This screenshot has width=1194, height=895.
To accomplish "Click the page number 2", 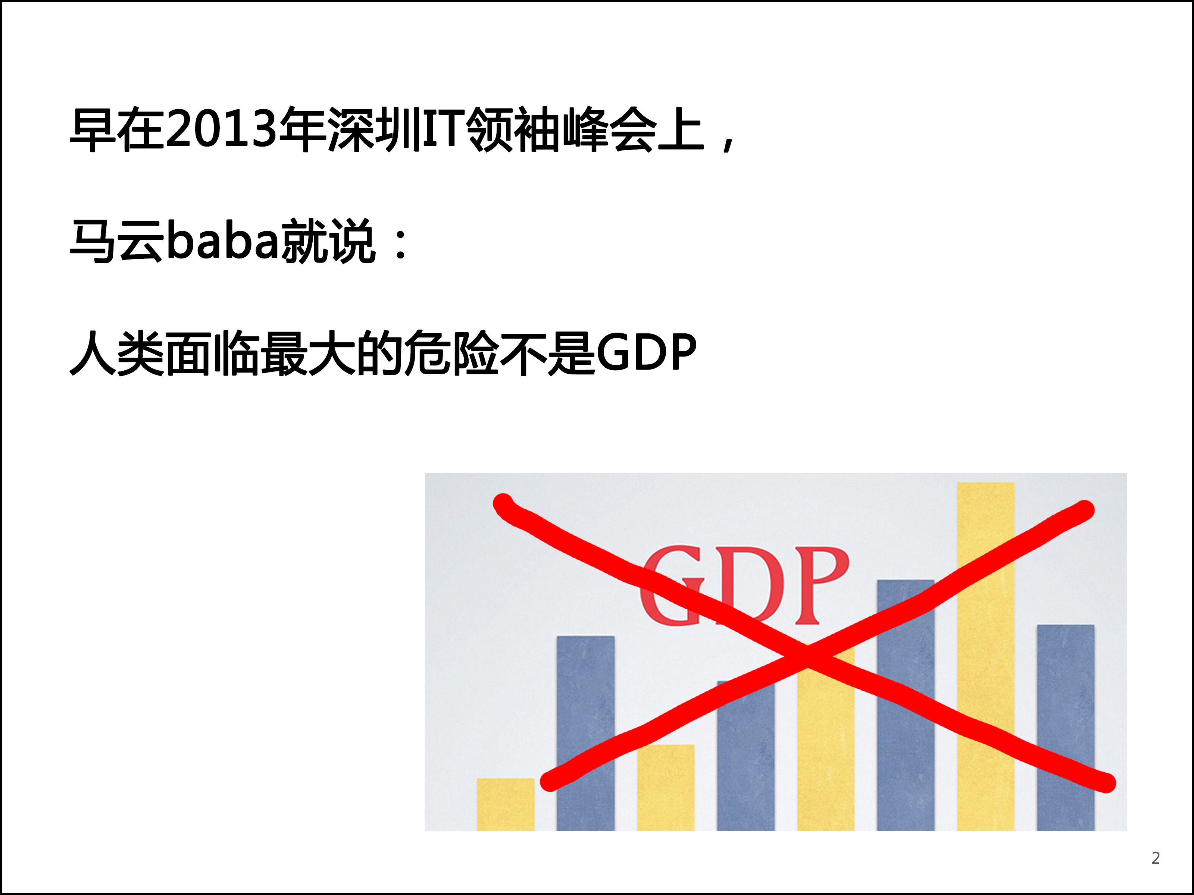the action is (1156, 858).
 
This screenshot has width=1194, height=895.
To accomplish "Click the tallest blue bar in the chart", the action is (905, 705).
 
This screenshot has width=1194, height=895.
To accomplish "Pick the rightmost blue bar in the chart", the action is (1066, 728).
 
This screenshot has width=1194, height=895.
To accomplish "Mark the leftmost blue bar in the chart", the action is (586, 733).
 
